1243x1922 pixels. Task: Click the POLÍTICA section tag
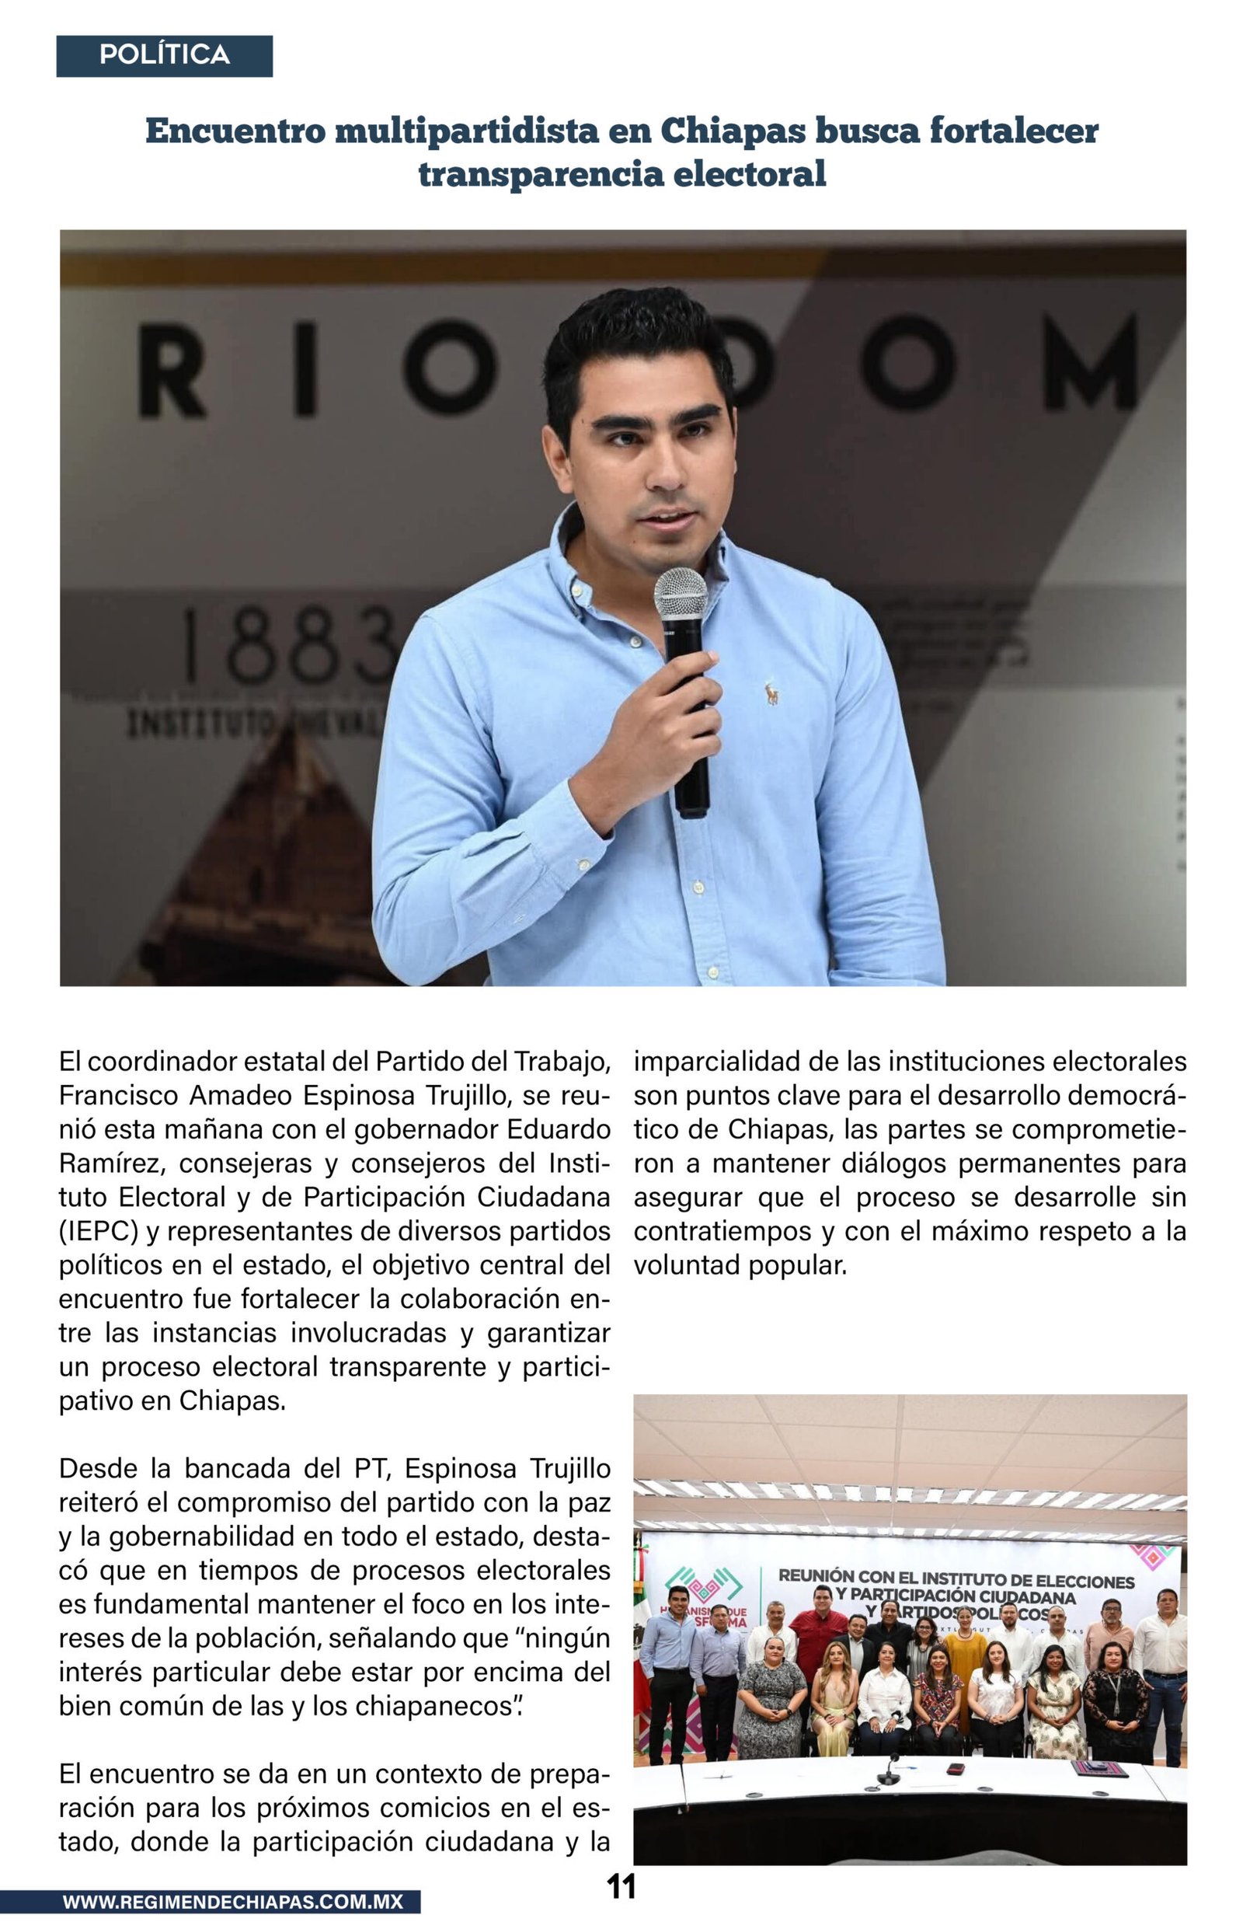click(164, 56)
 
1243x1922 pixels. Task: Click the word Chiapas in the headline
click(733, 131)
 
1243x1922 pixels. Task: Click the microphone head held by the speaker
click(681, 594)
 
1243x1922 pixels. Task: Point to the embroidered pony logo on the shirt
click(771, 692)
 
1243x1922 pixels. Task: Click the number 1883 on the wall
click(291, 646)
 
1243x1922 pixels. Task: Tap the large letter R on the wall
click(171, 370)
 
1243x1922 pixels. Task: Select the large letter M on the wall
click(1090, 363)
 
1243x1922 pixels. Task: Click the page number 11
click(621, 1886)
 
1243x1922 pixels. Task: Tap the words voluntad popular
click(740, 1265)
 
